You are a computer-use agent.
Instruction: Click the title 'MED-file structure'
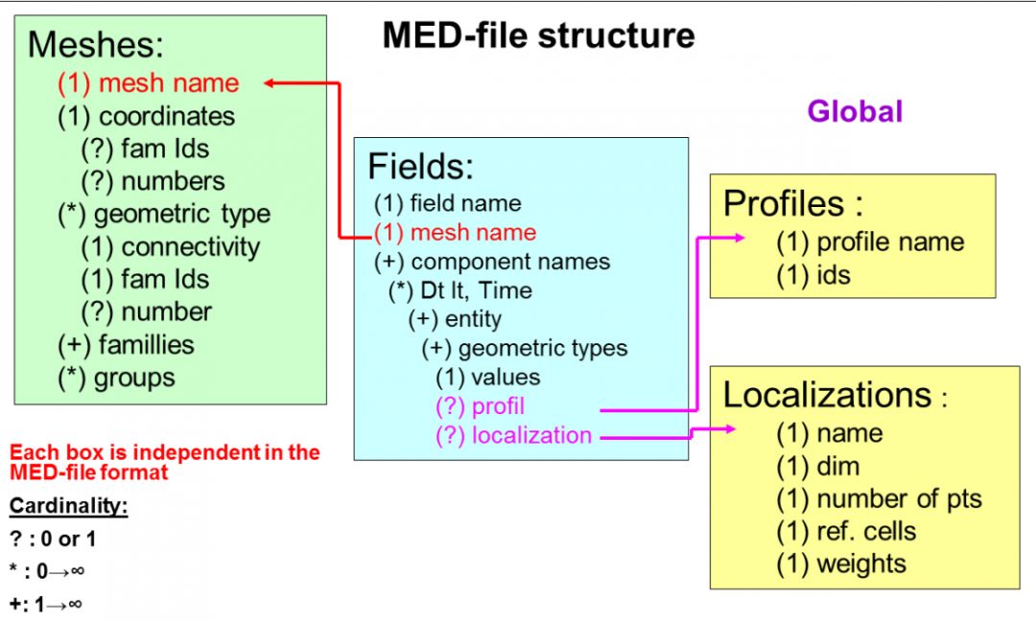(538, 35)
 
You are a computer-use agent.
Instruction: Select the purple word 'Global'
(855, 112)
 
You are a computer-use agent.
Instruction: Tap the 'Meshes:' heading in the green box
(96, 44)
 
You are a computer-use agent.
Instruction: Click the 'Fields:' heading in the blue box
(420, 167)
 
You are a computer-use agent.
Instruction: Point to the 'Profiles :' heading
(793, 203)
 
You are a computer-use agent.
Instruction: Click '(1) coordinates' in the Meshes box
(146, 116)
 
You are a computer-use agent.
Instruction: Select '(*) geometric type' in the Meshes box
(163, 214)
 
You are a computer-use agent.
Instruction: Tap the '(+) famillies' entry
(126, 345)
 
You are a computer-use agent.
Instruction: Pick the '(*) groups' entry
(116, 378)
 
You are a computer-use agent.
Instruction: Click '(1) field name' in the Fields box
(447, 203)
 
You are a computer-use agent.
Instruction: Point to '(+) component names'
(491, 262)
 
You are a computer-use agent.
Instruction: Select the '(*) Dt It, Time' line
(459, 290)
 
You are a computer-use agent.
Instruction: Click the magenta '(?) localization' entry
(513, 435)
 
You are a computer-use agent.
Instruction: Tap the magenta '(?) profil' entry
(480, 406)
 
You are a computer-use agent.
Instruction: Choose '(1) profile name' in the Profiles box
(870, 242)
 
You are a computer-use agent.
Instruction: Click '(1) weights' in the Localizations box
(841, 563)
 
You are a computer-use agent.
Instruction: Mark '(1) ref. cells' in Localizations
(846, 531)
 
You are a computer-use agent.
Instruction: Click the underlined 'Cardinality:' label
(68, 506)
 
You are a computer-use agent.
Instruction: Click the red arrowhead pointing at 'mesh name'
(271, 83)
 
